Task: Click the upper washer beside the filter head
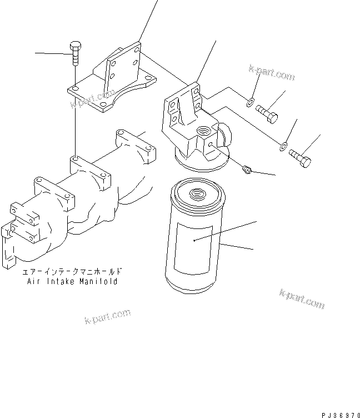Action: pos(251,101)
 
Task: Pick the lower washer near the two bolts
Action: pos(283,147)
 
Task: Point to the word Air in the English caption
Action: pos(33,282)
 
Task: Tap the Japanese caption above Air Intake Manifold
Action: pos(72,272)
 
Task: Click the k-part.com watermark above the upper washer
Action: pos(272,74)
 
